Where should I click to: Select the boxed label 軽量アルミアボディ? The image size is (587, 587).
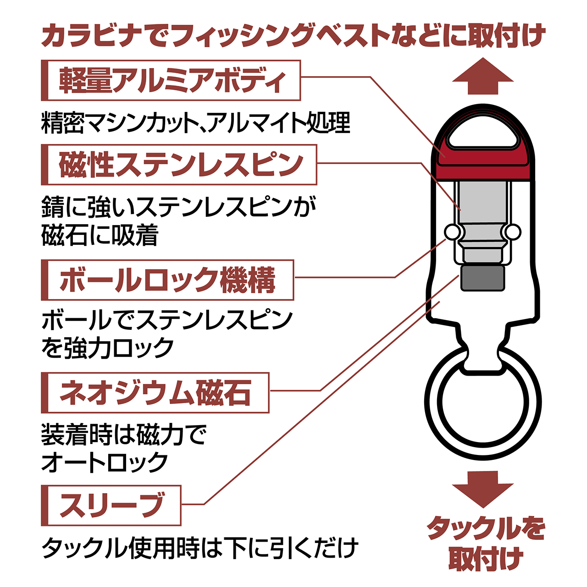171,80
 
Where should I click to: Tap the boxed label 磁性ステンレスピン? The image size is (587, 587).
179,165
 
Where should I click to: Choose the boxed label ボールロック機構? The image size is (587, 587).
167,280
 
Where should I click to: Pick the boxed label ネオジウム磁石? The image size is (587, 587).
155,393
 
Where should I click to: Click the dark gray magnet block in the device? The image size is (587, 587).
482,278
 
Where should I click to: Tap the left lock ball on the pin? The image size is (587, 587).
452,232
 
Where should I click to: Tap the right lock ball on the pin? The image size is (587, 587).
513,232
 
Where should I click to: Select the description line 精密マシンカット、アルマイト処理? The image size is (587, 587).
195,123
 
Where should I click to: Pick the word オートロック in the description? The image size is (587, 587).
105,462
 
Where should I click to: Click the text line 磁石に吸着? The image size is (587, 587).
100,235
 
